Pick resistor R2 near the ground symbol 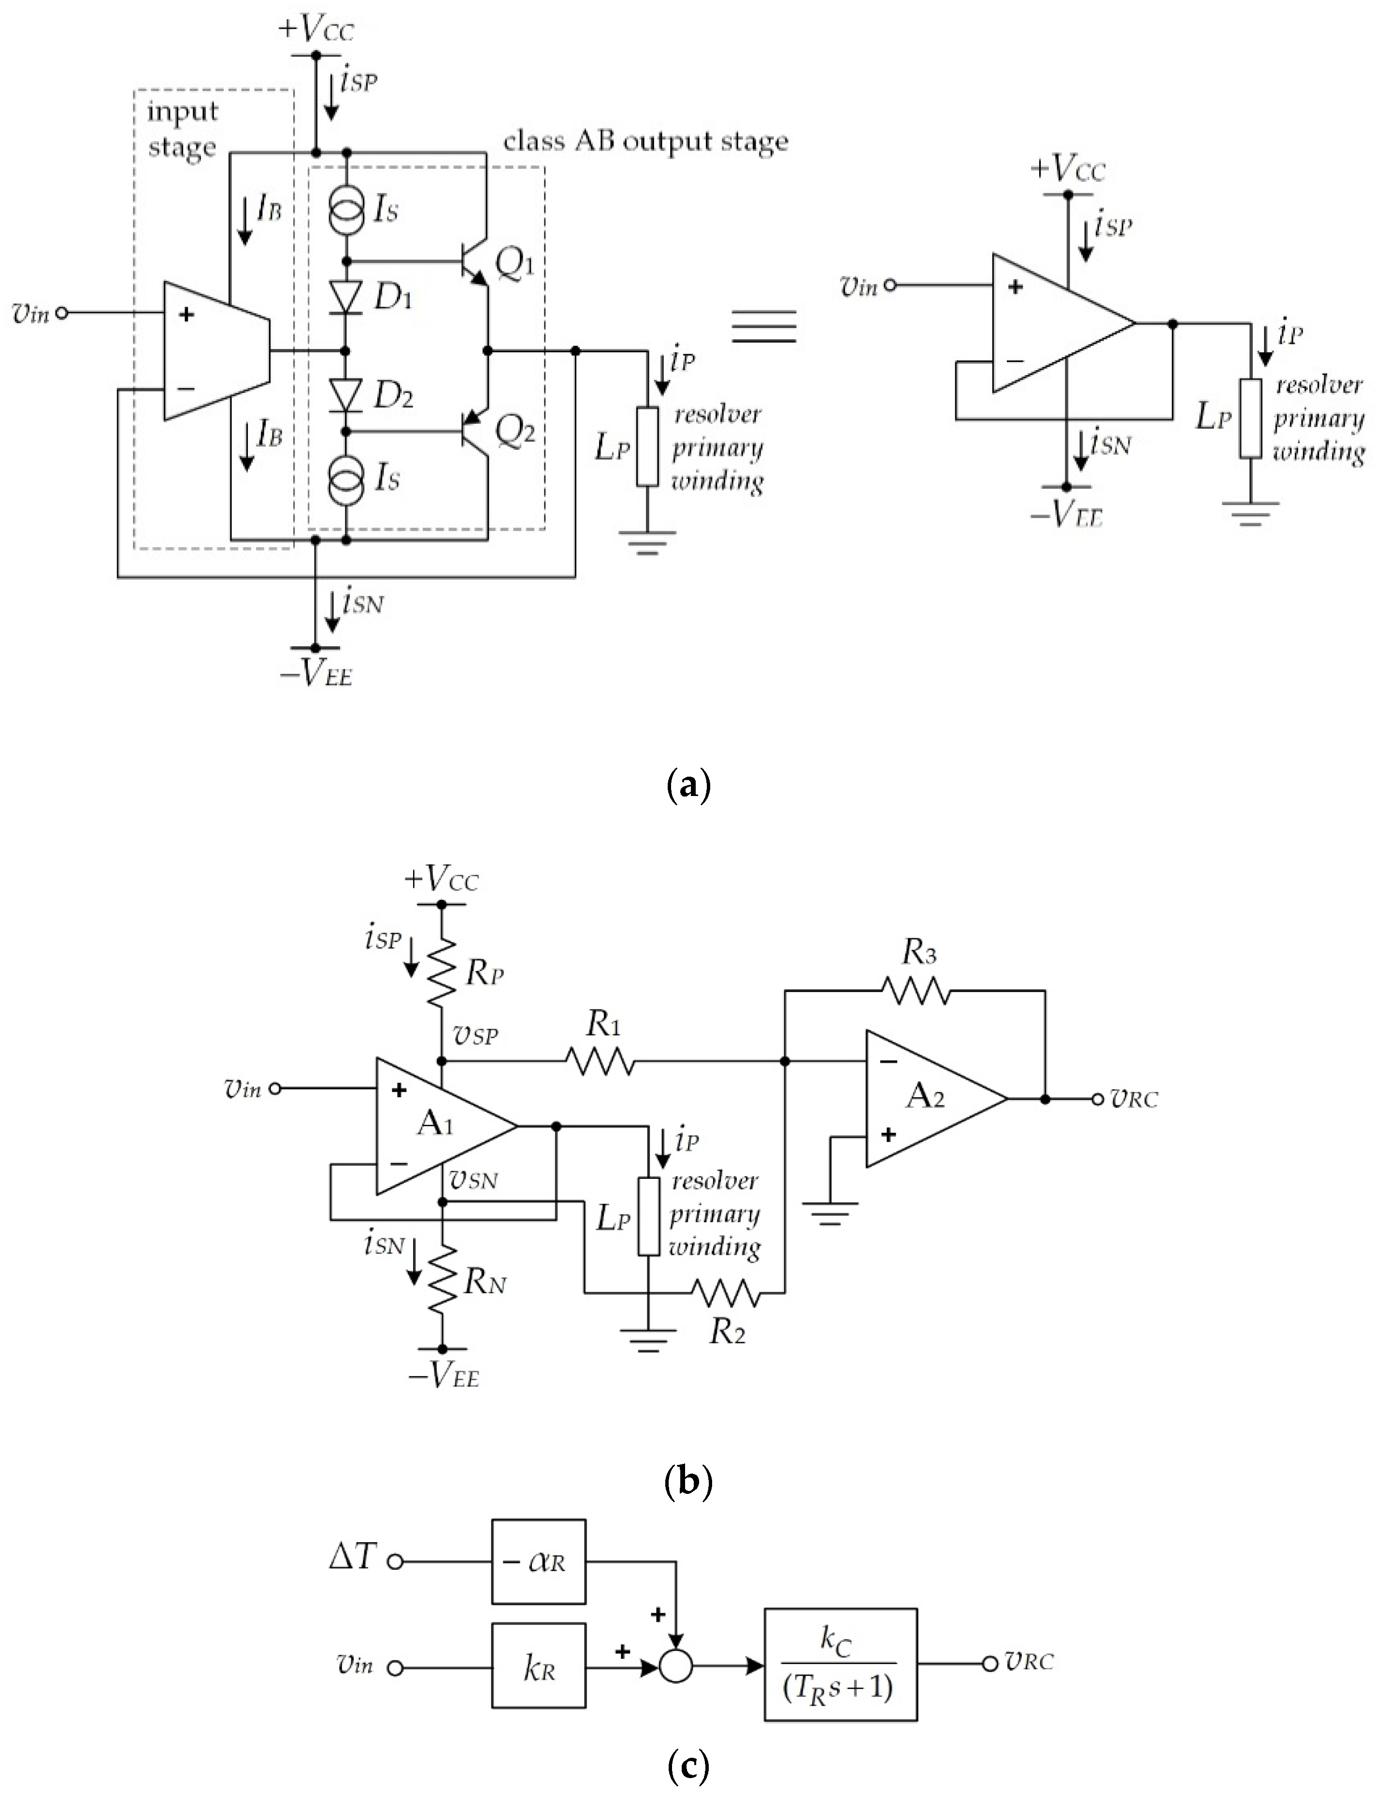point(727,1293)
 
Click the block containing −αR point(539,1562)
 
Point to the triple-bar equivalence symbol point(764,326)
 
